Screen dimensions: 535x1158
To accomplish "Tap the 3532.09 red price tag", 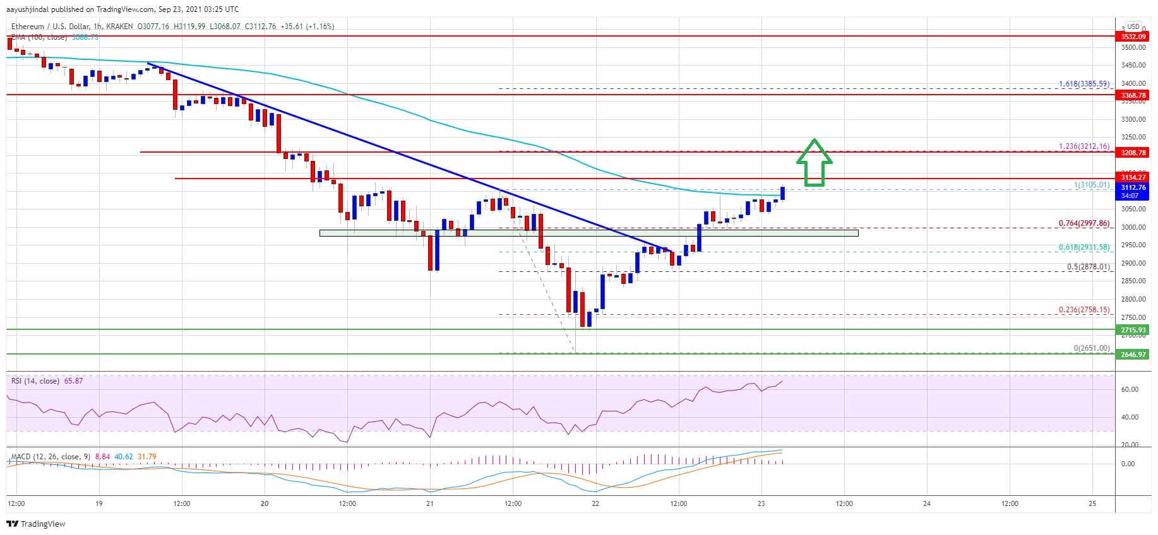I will pyautogui.click(x=1133, y=37).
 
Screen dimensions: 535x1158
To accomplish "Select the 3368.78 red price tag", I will pyautogui.click(x=1133, y=95).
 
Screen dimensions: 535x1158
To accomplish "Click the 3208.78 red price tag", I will pyautogui.click(x=1133, y=153).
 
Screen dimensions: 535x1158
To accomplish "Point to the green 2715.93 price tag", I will pyautogui.click(x=1133, y=330).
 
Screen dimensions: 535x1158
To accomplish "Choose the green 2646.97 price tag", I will pyautogui.click(x=1133, y=355).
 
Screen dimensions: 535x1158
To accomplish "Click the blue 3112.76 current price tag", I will pyautogui.click(x=1133, y=188).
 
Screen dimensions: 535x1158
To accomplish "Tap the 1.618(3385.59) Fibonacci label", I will pyautogui.click(x=1083, y=84).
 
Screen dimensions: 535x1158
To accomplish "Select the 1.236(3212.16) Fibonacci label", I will pyautogui.click(x=1083, y=146).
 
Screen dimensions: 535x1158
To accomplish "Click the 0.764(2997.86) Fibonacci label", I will pyautogui.click(x=1083, y=223).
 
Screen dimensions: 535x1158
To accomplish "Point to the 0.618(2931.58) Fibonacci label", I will pyautogui.click(x=1083, y=247).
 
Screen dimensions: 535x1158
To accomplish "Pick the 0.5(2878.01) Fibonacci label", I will pyautogui.click(x=1088, y=267).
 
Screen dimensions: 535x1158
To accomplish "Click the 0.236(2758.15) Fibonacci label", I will pyautogui.click(x=1083, y=310).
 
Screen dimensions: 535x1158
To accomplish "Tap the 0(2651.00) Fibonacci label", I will pyautogui.click(x=1091, y=348).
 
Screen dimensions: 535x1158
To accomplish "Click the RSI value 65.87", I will pyautogui.click(x=73, y=381).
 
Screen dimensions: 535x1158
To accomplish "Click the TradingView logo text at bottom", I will pyautogui.click(x=37, y=524).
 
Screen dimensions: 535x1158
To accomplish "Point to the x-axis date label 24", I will pyautogui.click(x=927, y=503).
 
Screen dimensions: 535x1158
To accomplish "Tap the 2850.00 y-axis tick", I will pyautogui.click(x=1133, y=281).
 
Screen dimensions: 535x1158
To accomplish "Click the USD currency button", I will pyautogui.click(x=1133, y=26).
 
